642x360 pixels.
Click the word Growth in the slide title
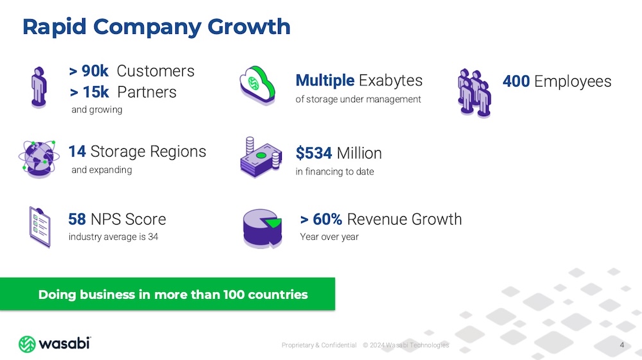click(x=249, y=28)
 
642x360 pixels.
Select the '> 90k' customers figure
click(x=89, y=71)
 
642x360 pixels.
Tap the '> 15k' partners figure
click(x=89, y=92)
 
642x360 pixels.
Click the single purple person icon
click(x=39, y=87)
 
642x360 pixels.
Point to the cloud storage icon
click(x=257, y=85)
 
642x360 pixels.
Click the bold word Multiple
click(x=325, y=80)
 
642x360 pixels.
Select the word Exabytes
click(x=390, y=81)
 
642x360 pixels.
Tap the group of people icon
click(x=474, y=93)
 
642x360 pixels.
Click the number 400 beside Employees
click(x=516, y=81)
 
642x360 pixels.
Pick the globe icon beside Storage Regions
click(x=39, y=159)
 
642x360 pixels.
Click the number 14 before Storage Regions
click(x=77, y=151)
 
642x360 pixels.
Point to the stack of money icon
click(x=261, y=158)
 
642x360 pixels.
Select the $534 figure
click(x=314, y=153)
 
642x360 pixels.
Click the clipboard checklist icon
click(x=40, y=227)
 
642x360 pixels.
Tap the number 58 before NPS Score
click(x=77, y=219)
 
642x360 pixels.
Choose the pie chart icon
click(x=263, y=228)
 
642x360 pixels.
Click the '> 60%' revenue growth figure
click(x=321, y=219)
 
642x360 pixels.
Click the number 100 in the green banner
click(x=234, y=295)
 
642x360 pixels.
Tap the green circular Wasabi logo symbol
click(x=27, y=344)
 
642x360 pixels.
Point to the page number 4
click(x=622, y=345)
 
